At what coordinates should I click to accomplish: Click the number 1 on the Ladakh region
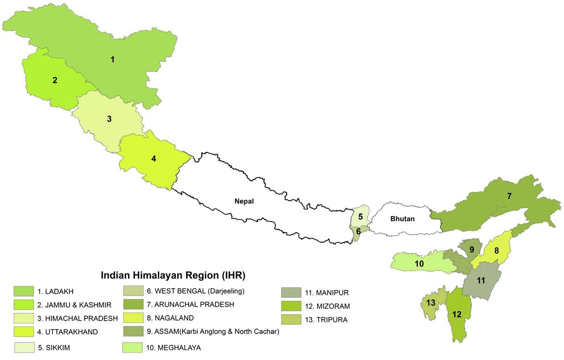pos(113,60)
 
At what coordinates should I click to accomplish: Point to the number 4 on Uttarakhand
pos(154,159)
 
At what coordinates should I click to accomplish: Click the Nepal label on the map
pos(244,201)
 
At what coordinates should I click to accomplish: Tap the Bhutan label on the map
pos(402,219)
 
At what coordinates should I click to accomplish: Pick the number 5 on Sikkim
pos(360,217)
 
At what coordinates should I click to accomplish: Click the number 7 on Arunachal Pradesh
pos(509,196)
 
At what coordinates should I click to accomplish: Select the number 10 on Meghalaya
pos(419,263)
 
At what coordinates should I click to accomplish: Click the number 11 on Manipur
pos(480,281)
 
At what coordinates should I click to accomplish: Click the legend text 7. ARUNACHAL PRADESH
pos(188,304)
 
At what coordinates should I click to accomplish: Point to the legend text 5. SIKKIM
pos(53,348)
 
